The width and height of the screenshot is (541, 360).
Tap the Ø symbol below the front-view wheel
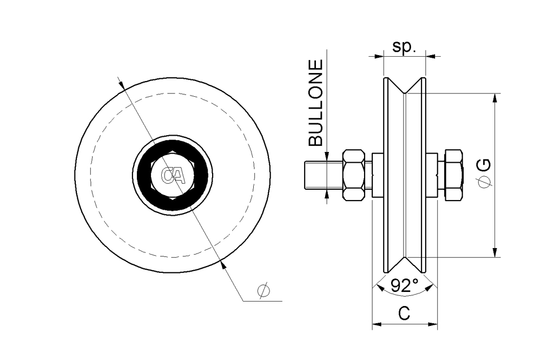pos(263,291)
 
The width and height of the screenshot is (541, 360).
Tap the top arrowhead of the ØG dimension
pos(495,97)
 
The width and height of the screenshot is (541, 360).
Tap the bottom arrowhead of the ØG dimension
pos(495,252)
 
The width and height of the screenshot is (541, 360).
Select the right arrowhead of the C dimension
pos(433,325)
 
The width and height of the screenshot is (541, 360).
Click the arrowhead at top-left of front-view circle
pos(122,85)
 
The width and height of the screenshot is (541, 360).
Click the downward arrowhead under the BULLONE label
pos(326,156)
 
